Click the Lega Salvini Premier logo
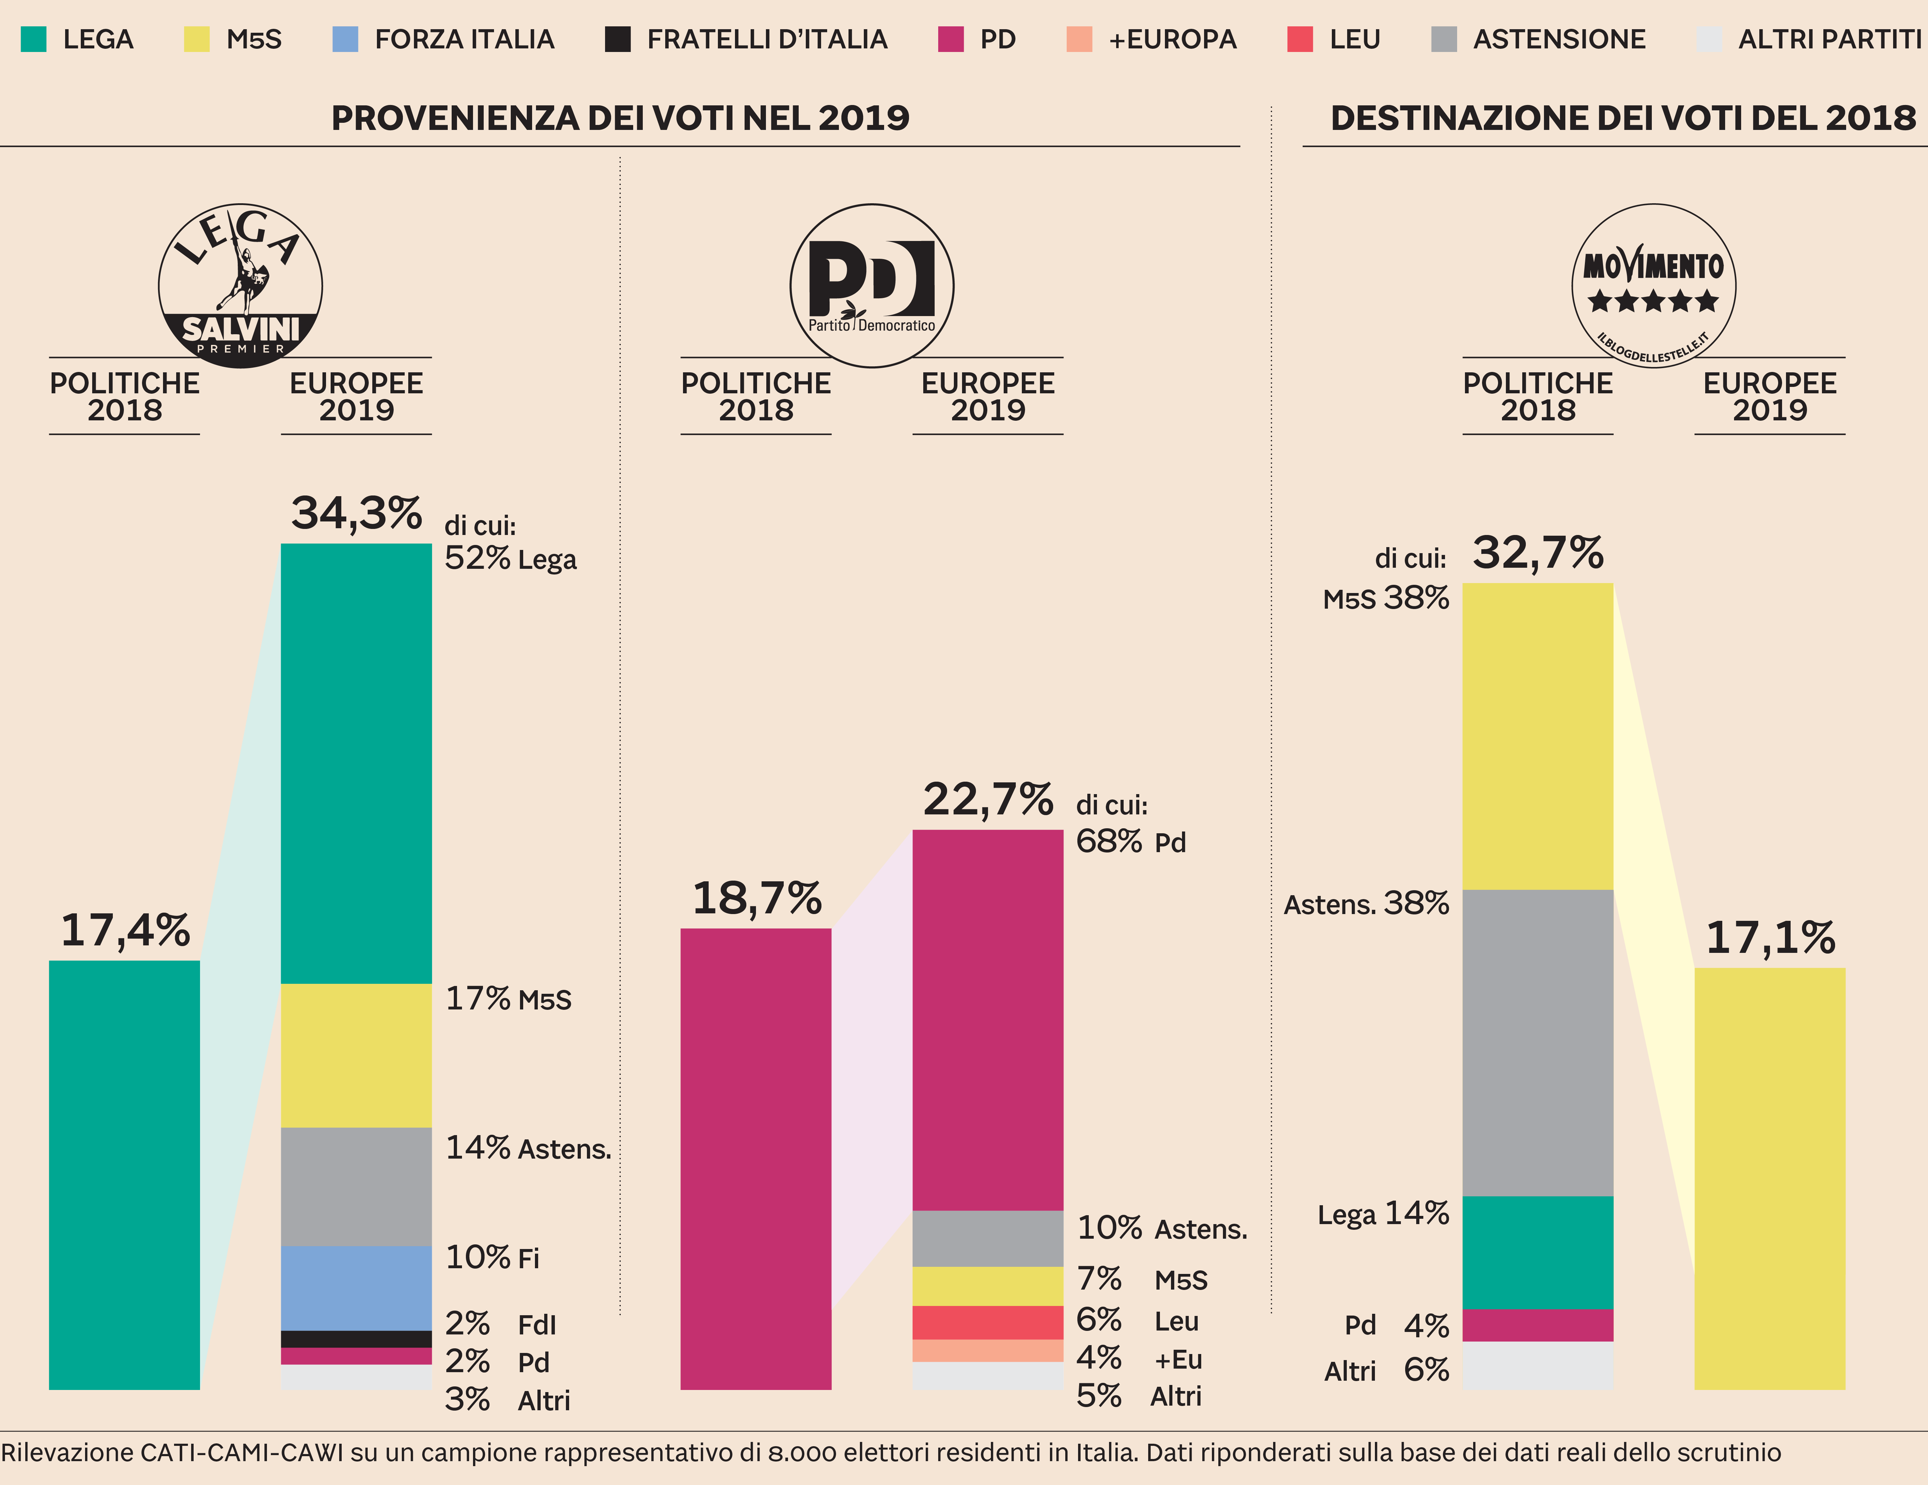[x=240, y=285]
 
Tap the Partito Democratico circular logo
[x=871, y=285]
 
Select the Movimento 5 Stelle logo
[x=1654, y=285]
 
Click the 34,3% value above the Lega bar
[x=357, y=512]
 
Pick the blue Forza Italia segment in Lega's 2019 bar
[x=356, y=1287]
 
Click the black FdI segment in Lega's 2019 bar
[x=356, y=1338]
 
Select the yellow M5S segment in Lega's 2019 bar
[x=356, y=1055]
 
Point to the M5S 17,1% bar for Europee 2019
[x=1769, y=1179]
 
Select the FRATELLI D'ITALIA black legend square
[x=617, y=39]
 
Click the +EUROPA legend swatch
[x=1079, y=39]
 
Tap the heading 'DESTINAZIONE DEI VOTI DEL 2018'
[x=1623, y=117]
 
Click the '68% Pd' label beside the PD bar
[x=1130, y=841]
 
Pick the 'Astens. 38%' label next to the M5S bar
[x=1366, y=903]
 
